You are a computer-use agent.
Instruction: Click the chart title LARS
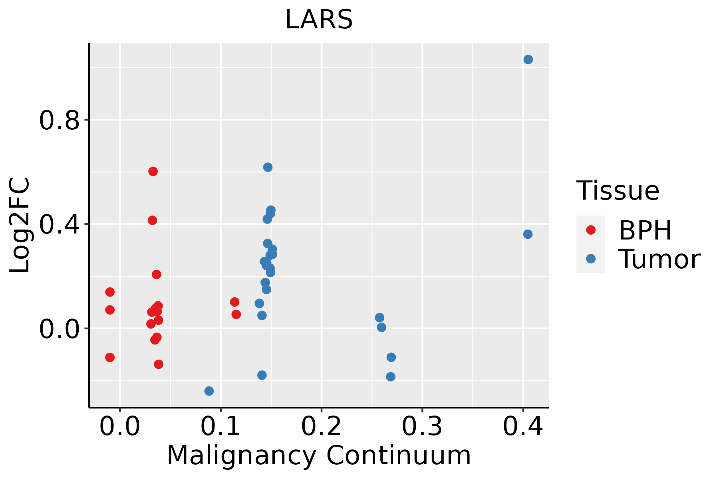pos(319,20)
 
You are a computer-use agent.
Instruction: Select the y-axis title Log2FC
pos(20,225)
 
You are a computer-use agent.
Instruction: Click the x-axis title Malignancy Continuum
pos(319,455)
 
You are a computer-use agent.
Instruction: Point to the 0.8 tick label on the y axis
pos(60,120)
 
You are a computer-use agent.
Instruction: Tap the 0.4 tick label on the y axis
pos(60,224)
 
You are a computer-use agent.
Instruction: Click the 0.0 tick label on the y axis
pos(60,329)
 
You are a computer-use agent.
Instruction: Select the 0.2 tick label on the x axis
pos(321,426)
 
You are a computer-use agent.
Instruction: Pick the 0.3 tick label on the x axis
pos(422,426)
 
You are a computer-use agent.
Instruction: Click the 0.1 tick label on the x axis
pos(220,426)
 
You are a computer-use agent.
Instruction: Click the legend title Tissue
pos(618,191)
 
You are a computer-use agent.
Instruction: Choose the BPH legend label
pos(645,230)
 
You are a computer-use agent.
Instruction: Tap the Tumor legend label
pos(659,259)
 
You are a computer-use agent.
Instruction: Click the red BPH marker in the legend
pos(590,230)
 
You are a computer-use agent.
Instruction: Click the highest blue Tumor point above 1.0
pos(528,59)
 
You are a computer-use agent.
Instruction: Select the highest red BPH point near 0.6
pos(153,171)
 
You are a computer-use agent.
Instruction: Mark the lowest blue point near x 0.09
pos(209,391)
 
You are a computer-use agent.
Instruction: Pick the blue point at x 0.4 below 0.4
pos(528,234)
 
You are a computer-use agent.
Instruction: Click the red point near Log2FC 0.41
pos(152,220)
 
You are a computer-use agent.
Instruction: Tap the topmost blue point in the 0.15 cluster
pos(268,167)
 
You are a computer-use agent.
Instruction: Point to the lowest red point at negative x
pos(110,357)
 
